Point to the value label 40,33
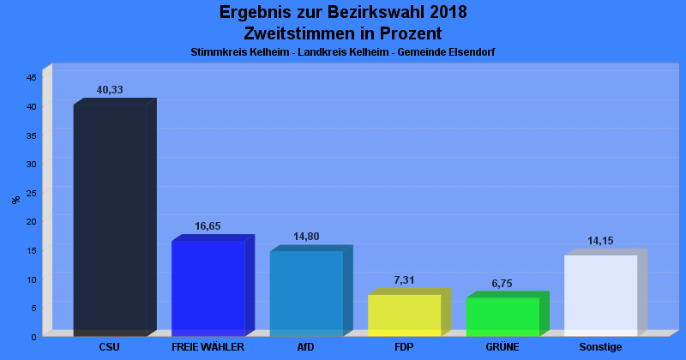pyautogui.click(x=110, y=90)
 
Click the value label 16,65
pyautogui.click(x=208, y=226)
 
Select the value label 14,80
pyautogui.click(x=306, y=237)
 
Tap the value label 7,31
pyautogui.click(x=404, y=280)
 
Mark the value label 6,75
pyautogui.click(x=502, y=284)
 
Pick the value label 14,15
pyautogui.click(x=600, y=241)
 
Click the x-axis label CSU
pyautogui.click(x=110, y=347)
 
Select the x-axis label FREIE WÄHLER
pyautogui.click(x=208, y=347)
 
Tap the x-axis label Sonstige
pyautogui.click(x=600, y=347)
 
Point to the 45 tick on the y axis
pyautogui.click(x=32, y=78)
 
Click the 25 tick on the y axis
pyautogui.click(x=32, y=193)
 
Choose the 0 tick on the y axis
pyautogui.click(x=33, y=337)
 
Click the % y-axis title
pyautogui.click(x=16, y=200)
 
